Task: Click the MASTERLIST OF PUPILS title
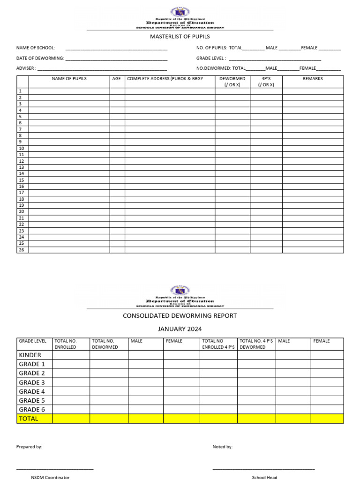tap(180, 37)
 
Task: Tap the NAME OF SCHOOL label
tap(36, 48)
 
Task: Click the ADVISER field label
tap(26, 68)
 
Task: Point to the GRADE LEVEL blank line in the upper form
tap(275, 59)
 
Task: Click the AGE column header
tap(117, 79)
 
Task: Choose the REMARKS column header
tap(313, 79)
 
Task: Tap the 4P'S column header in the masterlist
tap(266, 82)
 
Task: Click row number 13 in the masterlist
tap(21, 167)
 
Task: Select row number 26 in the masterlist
tap(21, 250)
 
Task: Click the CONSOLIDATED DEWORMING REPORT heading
tap(180, 316)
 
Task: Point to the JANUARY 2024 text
tap(180, 329)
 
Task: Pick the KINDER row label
tap(30, 355)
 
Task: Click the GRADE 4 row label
tap(32, 391)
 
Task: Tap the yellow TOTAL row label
tap(28, 419)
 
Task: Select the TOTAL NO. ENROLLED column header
tap(66, 344)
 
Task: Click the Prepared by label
tap(29, 447)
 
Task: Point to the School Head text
tap(264, 477)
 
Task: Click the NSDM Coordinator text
tap(50, 477)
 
